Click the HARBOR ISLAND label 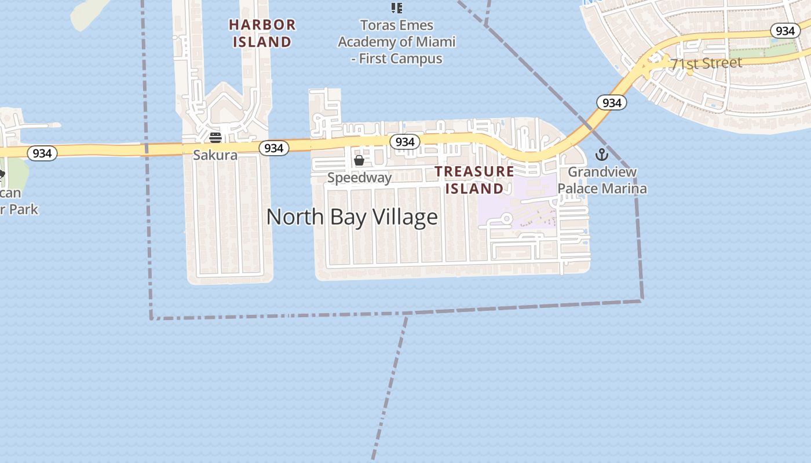[x=262, y=33]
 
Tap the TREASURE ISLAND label [x=474, y=180]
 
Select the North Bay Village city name [x=352, y=217]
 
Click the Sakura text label [x=215, y=155]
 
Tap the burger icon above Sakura [x=215, y=138]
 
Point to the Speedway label [x=359, y=178]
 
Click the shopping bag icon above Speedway [x=359, y=160]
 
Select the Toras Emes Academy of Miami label [x=397, y=42]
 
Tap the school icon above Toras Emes [x=397, y=8]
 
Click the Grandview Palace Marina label [x=602, y=180]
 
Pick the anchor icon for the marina [x=602, y=155]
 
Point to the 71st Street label [x=706, y=63]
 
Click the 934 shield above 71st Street [x=785, y=31]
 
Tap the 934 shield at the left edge [x=42, y=153]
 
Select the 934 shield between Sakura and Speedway [x=273, y=148]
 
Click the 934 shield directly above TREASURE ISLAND [x=404, y=142]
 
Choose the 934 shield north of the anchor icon [x=612, y=103]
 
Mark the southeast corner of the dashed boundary [x=642, y=300]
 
